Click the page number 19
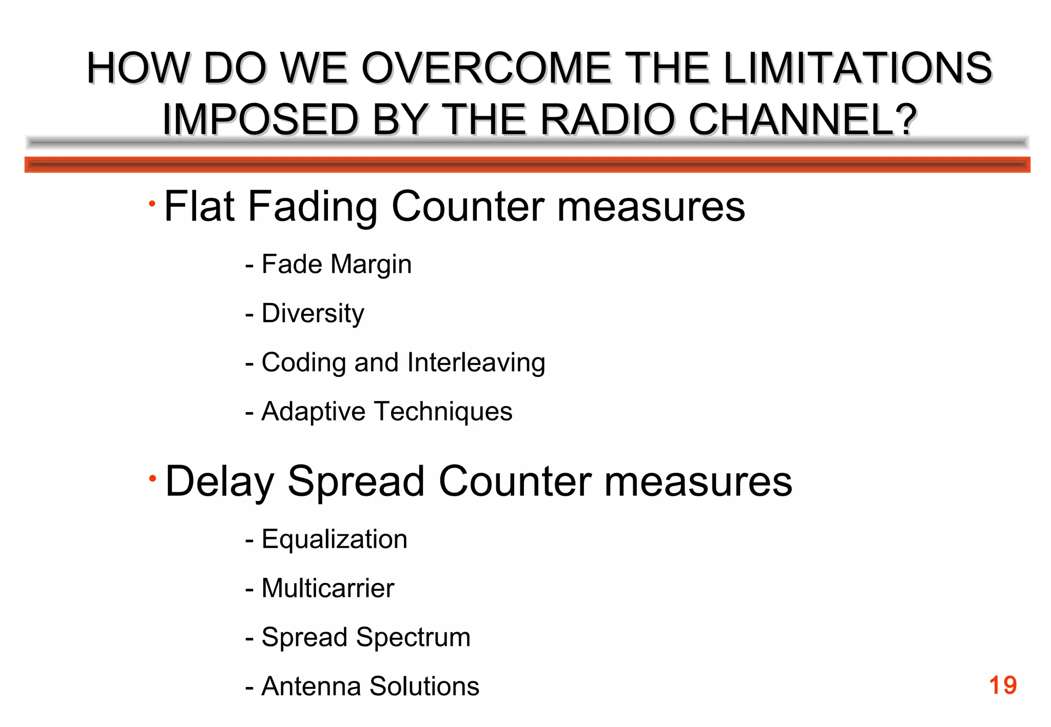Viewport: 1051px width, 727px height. [1002, 685]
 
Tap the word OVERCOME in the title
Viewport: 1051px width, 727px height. [486, 68]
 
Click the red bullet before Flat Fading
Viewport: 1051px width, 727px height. [152, 204]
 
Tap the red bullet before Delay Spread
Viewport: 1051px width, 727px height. [152, 478]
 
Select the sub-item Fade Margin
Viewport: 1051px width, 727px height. [336, 265]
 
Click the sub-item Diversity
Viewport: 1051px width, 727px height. [313, 313]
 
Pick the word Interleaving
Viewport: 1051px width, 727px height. [476, 362]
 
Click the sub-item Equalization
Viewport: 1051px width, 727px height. [334, 539]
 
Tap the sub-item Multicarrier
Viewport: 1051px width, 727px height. [327, 588]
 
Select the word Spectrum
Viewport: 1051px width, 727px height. [413, 638]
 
